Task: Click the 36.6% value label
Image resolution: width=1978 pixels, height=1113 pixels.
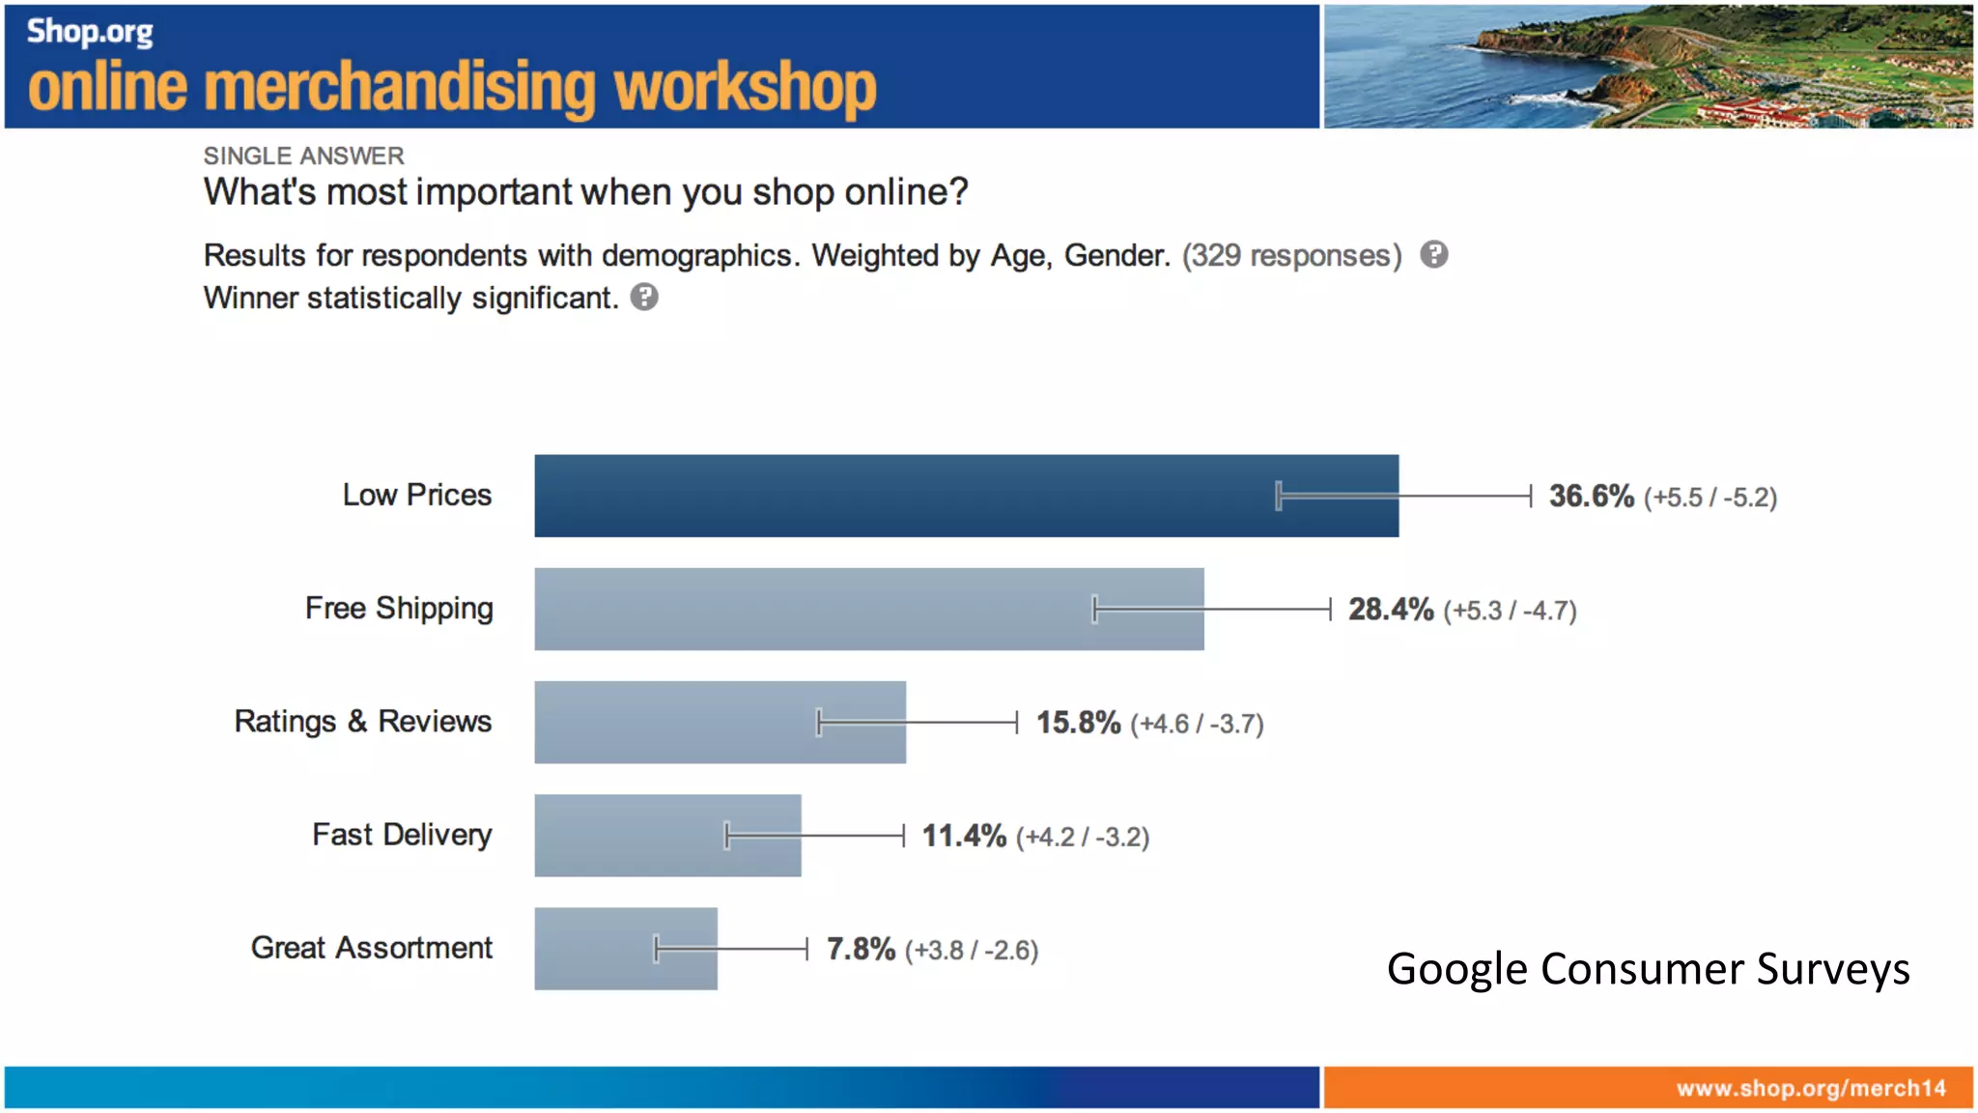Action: (x=1591, y=497)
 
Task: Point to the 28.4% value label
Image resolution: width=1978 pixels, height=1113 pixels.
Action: (x=1390, y=610)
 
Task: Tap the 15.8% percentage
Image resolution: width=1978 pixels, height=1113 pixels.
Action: (x=1078, y=723)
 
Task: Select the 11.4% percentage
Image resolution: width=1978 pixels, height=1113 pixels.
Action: (x=963, y=836)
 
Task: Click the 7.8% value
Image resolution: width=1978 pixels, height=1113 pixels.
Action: (x=861, y=949)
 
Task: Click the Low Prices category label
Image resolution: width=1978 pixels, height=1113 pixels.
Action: (x=417, y=495)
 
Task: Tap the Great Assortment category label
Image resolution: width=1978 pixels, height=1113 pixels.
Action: (x=372, y=948)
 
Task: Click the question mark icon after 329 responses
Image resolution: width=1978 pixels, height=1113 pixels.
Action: (x=1434, y=254)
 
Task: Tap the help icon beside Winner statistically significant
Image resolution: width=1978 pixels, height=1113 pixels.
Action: (x=644, y=297)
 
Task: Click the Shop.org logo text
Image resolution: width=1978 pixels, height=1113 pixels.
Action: (x=90, y=31)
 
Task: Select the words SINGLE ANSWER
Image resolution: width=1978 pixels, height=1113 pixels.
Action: (x=303, y=156)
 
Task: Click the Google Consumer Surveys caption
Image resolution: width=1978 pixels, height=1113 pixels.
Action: (x=1648, y=968)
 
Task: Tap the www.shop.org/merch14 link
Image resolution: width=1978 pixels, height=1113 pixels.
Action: (x=1811, y=1088)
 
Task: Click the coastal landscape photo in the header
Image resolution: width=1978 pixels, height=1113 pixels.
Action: (x=1647, y=66)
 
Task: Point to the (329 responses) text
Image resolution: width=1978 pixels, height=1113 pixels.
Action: (x=1291, y=255)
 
